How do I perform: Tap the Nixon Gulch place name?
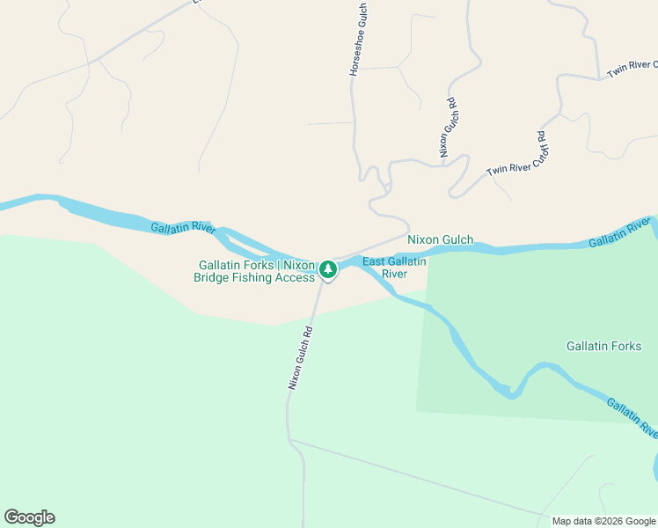point(440,239)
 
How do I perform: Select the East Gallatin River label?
point(394,268)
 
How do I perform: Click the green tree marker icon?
point(328,268)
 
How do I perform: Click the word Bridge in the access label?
point(215,278)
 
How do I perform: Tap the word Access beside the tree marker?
point(296,278)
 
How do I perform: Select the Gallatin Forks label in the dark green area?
point(603,346)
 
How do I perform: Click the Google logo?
point(29,517)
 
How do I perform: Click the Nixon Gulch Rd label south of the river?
point(300,358)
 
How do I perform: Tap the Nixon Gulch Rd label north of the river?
point(450,128)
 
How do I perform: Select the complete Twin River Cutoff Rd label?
point(516,152)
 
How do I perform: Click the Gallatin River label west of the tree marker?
point(183,228)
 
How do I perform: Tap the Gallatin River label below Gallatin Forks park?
point(630,417)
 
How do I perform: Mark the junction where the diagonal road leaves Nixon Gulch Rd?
point(289,439)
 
